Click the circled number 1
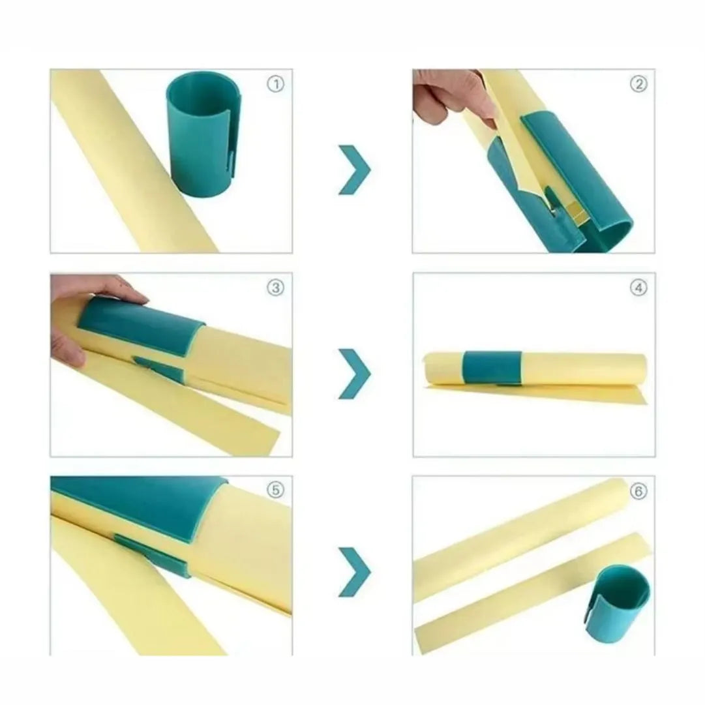pyautogui.click(x=276, y=84)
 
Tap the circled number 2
pyautogui.click(x=639, y=84)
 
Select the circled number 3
pyautogui.click(x=276, y=288)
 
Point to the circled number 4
pyautogui.click(x=639, y=288)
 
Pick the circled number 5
pyautogui.click(x=276, y=490)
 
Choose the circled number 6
pyautogui.click(x=639, y=492)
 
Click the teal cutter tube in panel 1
pyautogui.click(x=203, y=134)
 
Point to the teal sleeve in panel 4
pyautogui.click(x=493, y=368)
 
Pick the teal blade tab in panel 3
pyautogui.click(x=160, y=368)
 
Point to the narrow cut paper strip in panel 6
pyautogui.click(x=531, y=593)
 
